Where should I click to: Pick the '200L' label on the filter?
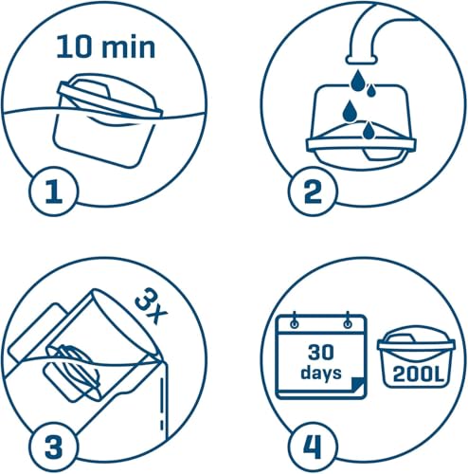point(413,378)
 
